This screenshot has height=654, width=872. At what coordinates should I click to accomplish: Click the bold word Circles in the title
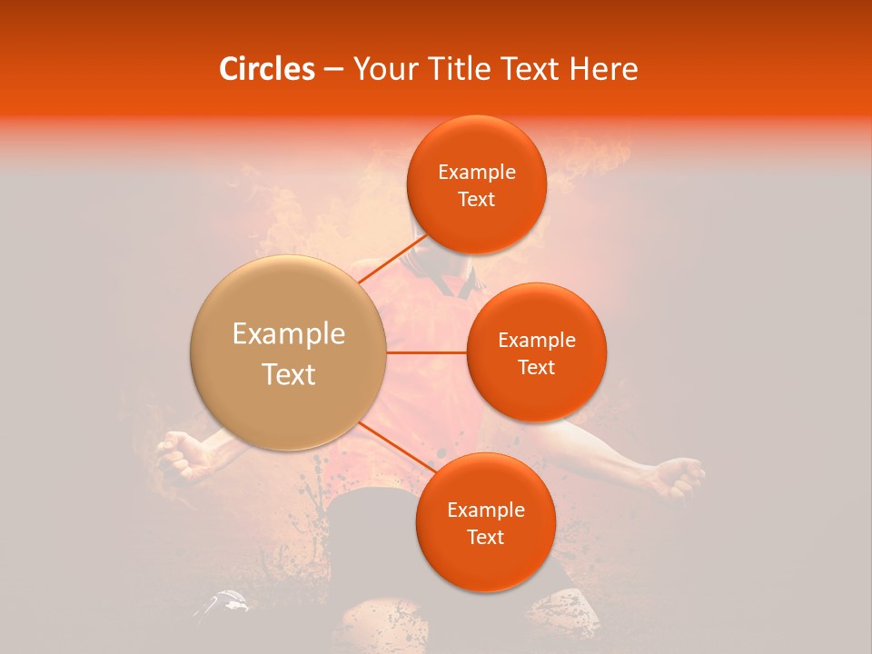pyautogui.click(x=267, y=69)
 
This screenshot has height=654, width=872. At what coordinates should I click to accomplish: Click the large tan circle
pyautogui.click(x=289, y=352)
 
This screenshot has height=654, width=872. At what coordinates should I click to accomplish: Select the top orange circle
pyautogui.click(x=476, y=184)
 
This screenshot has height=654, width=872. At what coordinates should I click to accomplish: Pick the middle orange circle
pyautogui.click(x=536, y=352)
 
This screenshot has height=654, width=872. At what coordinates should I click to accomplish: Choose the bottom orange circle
pyautogui.click(x=485, y=522)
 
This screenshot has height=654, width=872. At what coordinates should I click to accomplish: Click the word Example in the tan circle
pyautogui.click(x=289, y=334)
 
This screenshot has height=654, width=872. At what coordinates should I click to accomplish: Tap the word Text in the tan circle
pyautogui.click(x=289, y=374)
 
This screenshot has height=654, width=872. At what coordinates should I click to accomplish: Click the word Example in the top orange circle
pyautogui.click(x=476, y=172)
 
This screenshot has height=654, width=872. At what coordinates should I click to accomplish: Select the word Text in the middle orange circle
pyautogui.click(x=536, y=367)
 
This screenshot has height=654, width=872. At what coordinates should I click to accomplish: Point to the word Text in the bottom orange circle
pyautogui.click(x=485, y=537)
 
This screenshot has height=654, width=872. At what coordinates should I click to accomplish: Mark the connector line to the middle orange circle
pyautogui.click(x=427, y=352)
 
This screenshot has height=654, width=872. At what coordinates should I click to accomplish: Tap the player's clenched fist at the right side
pyautogui.click(x=679, y=476)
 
